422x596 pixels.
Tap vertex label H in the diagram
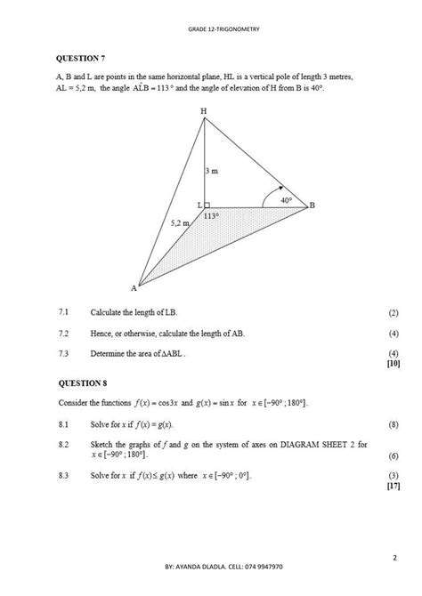point(204,110)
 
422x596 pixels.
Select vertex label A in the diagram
point(134,287)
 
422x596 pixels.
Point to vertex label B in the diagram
point(312,205)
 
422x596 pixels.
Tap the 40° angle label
point(286,200)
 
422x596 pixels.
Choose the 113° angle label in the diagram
point(212,215)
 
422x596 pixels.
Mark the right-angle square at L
point(207,205)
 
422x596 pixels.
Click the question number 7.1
point(63,313)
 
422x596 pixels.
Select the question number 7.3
point(63,352)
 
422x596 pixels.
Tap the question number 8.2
point(63,443)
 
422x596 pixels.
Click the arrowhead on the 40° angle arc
point(280,189)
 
